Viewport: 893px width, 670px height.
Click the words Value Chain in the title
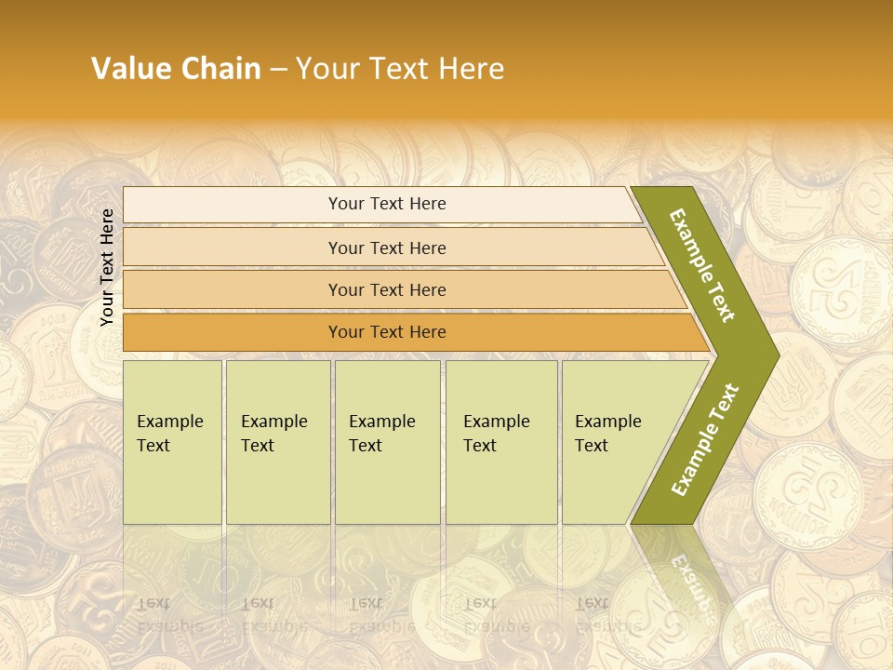click(176, 69)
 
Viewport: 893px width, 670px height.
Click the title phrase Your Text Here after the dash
click(400, 69)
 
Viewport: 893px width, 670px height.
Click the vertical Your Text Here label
click(107, 268)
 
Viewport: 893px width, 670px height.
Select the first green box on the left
click(172, 442)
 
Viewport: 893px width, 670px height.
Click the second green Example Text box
click(277, 442)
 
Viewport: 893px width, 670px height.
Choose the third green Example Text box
click(386, 442)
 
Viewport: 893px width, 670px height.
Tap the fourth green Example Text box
click(500, 442)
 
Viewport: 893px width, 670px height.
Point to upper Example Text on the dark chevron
click(703, 265)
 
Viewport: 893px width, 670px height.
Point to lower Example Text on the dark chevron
click(705, 439)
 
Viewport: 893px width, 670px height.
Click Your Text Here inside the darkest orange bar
click(387, 332)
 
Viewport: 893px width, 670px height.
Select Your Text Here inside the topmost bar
click(387, 204)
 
